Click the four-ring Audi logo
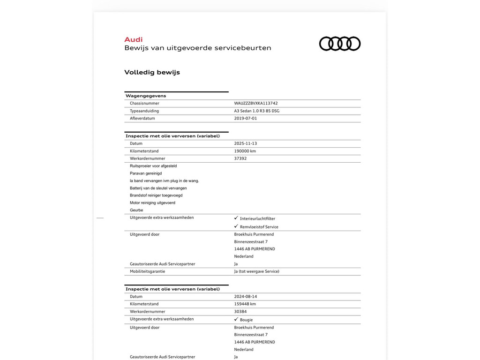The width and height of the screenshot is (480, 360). pyautogui.click(x=340, y=44)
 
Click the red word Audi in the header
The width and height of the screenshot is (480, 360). pyautogui.click(x=134, y=39)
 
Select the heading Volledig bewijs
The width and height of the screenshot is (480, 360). pyautogui.click(x=152, y=72)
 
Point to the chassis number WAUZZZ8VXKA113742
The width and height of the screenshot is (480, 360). pyautogui.click(x=259, y=103)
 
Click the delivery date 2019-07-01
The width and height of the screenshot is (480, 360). pyautogui.click(x=246, y=119)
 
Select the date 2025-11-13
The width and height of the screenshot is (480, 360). pyautogui.click(x=246, y=143)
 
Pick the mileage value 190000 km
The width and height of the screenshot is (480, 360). pyautogui.click(x=245, y=151)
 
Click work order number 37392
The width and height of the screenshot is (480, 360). pyautogui.click(x=240, y=158)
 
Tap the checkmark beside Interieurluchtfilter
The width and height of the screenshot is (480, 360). pyautogui.click(x=236, y=218)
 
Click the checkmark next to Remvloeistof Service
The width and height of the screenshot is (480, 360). pyautogui.click(x=236, y=226)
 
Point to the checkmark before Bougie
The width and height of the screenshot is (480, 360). pyautogui.click(x=236, y=319)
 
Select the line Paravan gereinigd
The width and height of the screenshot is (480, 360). pyautogui.click(x=146, y=173)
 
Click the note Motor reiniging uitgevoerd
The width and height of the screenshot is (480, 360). pyautogui.click(x=153, y=203)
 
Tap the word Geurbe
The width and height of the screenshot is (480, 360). pyautogui.click(x=136, y=210)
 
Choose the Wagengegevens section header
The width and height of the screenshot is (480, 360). pyautogui.click(x=146, y=96)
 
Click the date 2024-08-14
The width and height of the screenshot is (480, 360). pyautogui.click(x=246, y=297)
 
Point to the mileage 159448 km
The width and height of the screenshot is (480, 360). pyautogui.click(x=245, y=304)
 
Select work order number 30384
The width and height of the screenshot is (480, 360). pyautogui.click(x=240, y=312)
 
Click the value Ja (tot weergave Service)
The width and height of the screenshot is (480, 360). pyautogui.click(x=257, y=271)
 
